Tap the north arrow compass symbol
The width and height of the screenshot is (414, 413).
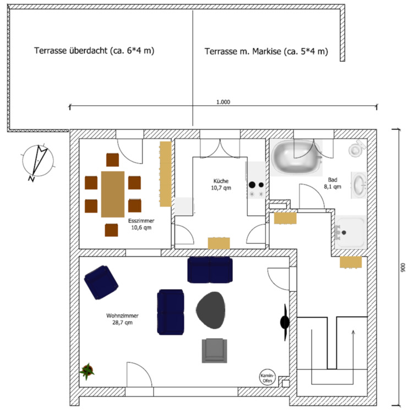point(37,160)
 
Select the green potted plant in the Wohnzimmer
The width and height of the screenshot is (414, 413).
point(87,372)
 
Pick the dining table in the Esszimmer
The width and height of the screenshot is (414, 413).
point(113,193)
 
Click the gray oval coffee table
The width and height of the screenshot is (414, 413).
point(212,309)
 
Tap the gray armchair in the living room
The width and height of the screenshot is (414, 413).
point(214,350)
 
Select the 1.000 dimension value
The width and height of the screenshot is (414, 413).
point(223,102)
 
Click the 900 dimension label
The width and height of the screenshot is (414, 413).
point(403,268)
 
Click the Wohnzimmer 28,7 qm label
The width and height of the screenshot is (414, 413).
point(122,319)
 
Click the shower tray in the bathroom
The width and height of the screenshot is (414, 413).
point(350,232)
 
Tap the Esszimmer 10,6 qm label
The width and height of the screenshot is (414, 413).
point(141,224)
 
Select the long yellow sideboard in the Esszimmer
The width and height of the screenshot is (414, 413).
point(165,173)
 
